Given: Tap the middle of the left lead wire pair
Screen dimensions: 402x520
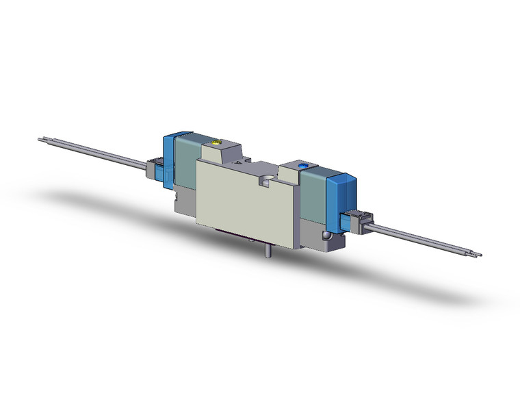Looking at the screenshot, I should pyautogui.click(x=96, y=153).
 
